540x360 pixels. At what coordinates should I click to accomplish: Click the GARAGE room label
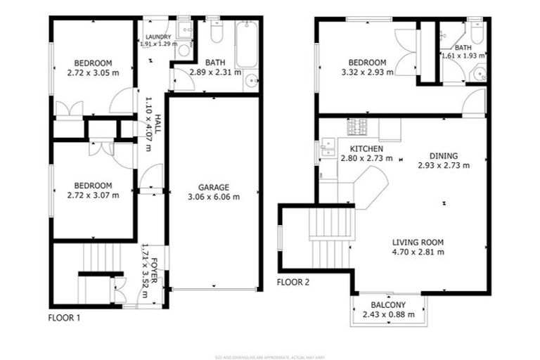coord(213,187)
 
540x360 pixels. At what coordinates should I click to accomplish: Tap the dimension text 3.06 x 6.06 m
coord(213,197)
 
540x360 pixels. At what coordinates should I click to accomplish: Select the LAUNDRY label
coord(158,37)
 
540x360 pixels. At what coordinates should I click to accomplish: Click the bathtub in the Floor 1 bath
coord(246,45)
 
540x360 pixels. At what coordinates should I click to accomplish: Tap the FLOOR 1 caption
coord(64,318)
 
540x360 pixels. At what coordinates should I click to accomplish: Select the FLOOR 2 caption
coord(292,283)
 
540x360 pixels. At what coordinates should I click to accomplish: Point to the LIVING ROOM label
coord(418,242)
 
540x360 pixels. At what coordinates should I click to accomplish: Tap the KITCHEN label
coord(366,149)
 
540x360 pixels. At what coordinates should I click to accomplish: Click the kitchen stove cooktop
coord(357,127)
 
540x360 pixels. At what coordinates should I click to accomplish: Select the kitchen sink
coord(328,148)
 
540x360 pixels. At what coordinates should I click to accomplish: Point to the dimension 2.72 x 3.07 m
coord(93,195)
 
